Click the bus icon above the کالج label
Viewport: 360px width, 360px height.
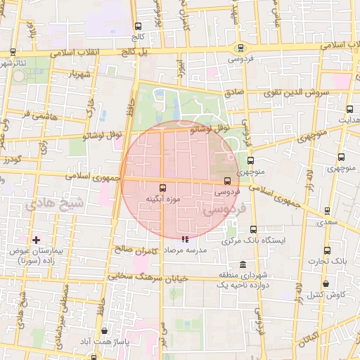click(x=137, y=27)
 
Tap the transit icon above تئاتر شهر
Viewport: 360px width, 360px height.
click(x=13, y=52)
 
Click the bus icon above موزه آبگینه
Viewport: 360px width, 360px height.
click(x=163, y=188)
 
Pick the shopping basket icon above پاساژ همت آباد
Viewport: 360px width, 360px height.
click(x=105, y=330)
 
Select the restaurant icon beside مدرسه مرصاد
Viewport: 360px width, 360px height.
click(x=185, y=240)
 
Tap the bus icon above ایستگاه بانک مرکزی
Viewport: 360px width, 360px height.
click(x=253, y=229)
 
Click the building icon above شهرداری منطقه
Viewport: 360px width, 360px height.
click(x=243, y=264)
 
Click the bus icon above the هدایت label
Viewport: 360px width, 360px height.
click(x=350, y=109)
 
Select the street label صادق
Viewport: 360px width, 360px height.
click(x=234, y=92)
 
